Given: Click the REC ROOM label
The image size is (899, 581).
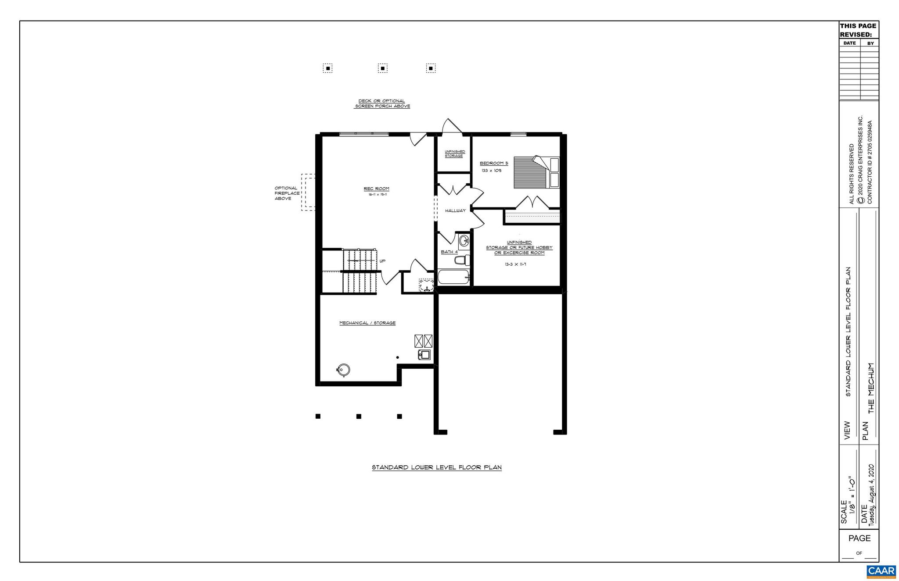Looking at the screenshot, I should pyautogui.click(x=376, y=189).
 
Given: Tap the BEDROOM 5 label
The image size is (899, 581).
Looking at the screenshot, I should pyautogui.click(x=493, y=163).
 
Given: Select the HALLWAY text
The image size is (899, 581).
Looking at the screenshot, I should pyautogui.click(x=455, y=211).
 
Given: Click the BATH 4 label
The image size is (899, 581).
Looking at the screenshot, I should pyautogui.click(x=449, y=252).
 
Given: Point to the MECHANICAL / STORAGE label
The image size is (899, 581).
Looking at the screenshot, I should pyautogui.click(x=367, y=323).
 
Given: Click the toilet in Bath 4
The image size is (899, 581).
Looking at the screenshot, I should pyautogui.click(x=461, y=260).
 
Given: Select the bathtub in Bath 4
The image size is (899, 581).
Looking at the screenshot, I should pyautogui.click(x=453, y=278).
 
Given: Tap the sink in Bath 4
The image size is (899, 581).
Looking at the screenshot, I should pyautogui.click(x=464, y=240).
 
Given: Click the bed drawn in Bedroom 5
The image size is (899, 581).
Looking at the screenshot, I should pyautogui.click(x=536, y=172).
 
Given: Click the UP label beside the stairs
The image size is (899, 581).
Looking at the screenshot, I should pyautogui.click(x=382, y=261).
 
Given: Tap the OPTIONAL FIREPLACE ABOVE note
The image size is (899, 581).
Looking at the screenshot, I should pyautogui.click(x=287, y=193).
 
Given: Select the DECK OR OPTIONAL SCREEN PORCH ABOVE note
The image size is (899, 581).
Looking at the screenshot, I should pyautogui.click(x=382, y=103).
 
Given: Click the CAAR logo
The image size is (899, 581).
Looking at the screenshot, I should pyautogui.click(x=881, y=571).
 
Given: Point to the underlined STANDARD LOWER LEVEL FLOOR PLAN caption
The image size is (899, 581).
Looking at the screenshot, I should pyautogui.click(x=437, y=467).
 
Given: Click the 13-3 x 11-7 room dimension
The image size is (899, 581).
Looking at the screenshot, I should pyautogui.click(x=515, y=264).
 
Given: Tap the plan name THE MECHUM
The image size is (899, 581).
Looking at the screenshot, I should pyautogui.click(x=871, y=388).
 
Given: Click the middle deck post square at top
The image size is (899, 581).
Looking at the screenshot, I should pyautogui.click(x=383, y=68).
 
